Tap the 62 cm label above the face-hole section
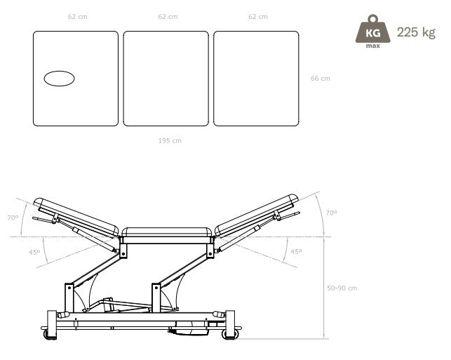[x=78, y=17]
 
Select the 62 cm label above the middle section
[x=168, y=17]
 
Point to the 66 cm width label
[x=321, y=79]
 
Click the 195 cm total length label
[x=170, y=141]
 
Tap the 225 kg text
[x=416, y=32]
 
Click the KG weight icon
[x=372, y=29]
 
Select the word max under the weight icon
[x=372, y=46]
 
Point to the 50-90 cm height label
[x=342, y=288]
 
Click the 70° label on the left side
[x=13, y=218]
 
